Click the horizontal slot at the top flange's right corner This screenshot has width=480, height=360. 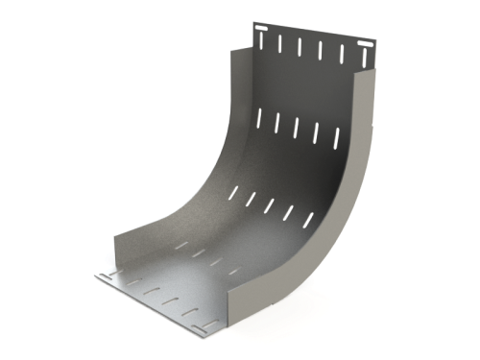364,47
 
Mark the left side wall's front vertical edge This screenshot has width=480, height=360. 115,255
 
